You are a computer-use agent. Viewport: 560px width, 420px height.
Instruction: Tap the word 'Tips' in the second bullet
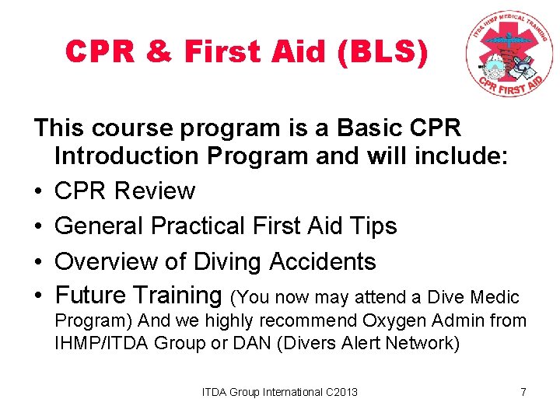tap(373, 226)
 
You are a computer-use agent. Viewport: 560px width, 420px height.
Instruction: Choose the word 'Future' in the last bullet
tap(91, 296)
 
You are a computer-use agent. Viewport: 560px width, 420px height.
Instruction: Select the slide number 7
tap(523, 392)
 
